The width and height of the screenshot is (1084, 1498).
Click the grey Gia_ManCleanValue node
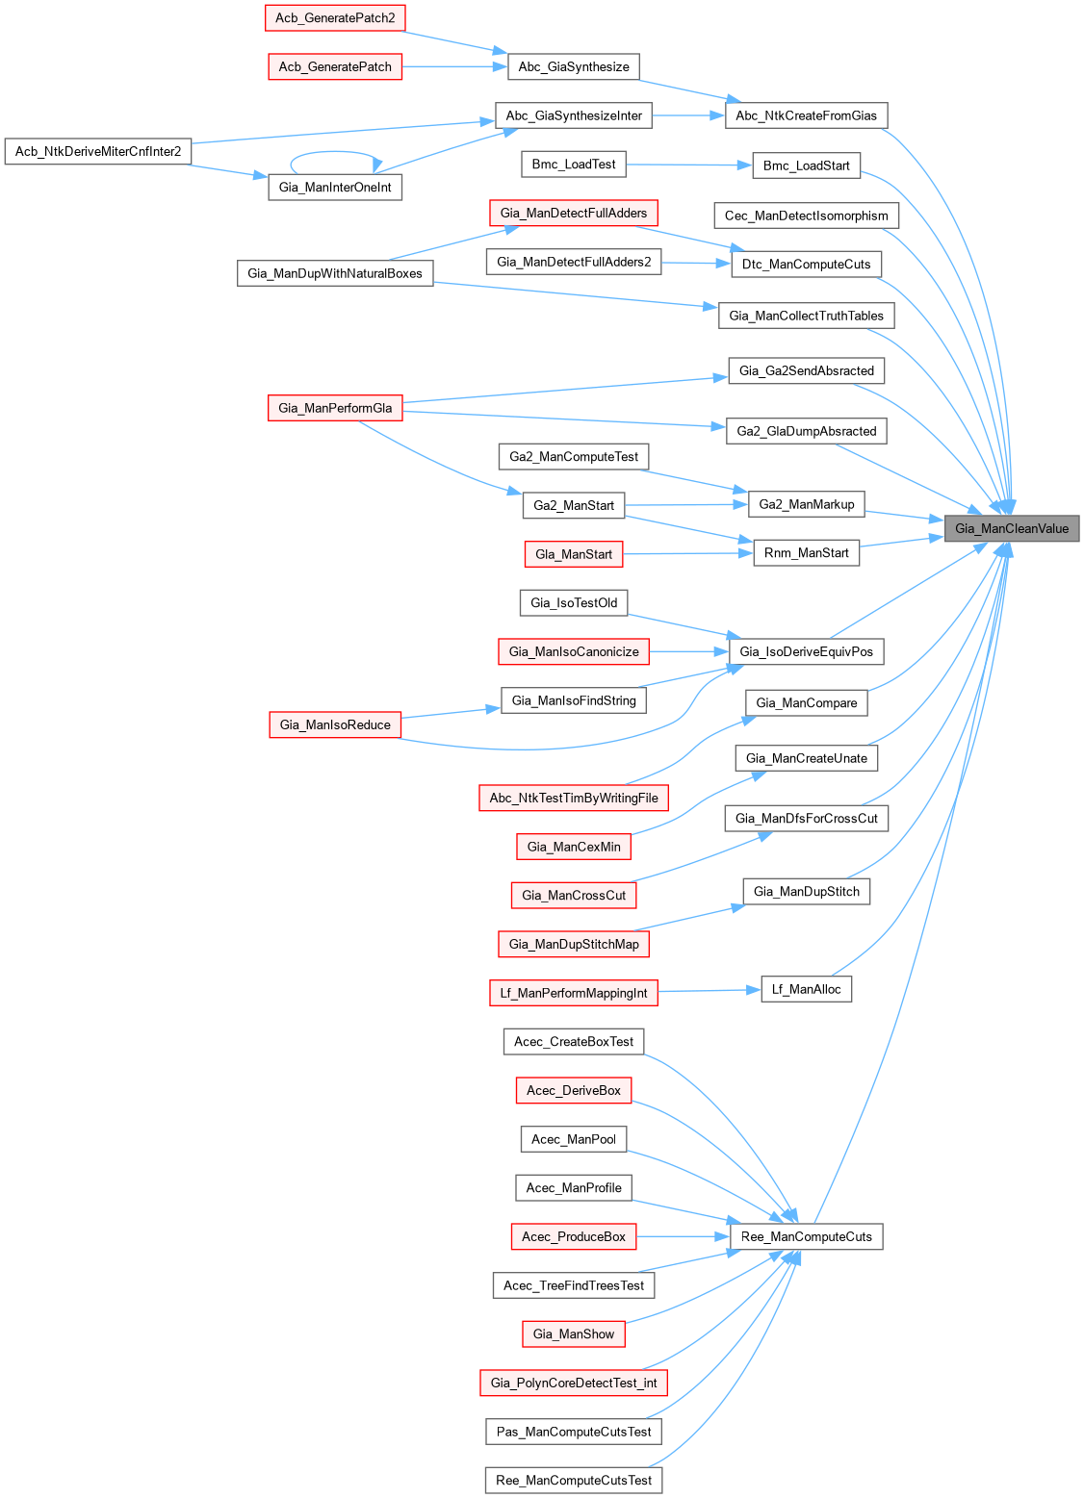pyautogui.click(x=1012, y=528)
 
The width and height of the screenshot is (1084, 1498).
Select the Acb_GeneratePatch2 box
pyautogui.click(x=335, y=17)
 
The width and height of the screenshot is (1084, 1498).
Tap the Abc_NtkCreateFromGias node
pyautogui.click(x=806, y=115)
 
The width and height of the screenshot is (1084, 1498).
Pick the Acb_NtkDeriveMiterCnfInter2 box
pyautogui.click(x=98, y=151)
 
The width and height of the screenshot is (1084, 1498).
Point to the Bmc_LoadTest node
pyautogui.click(x=574, y=165)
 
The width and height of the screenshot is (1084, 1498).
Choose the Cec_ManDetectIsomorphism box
pyautogui.click(x=806, y=216)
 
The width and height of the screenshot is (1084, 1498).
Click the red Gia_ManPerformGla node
pyautogui.click(x=335, y=408)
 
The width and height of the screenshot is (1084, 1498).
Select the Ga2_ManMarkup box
pyautogui.click(x=806, y=504)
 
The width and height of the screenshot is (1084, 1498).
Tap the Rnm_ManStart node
pyautogui.click(x=806, y=552)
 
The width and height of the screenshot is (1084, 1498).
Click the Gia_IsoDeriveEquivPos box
pyautogui.click(x=806, y=651)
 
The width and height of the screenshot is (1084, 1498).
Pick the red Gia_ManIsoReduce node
pyautogui.click(x=335, y=724)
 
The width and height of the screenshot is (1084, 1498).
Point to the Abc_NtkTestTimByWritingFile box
pyautogui.click(x=574, y=798)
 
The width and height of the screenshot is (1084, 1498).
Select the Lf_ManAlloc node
pyautogui.click(x=806, y=989)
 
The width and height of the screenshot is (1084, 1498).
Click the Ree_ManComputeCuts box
pyautogui.click(x=806, y=1236)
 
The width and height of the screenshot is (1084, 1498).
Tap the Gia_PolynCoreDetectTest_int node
pyautogui.click(x=574, y=1383)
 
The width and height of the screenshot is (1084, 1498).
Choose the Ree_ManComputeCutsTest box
pyautogui.click(x=574, y=1480)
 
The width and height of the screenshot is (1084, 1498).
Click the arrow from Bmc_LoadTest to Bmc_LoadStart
pyautogui.click(x=688, y=165)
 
